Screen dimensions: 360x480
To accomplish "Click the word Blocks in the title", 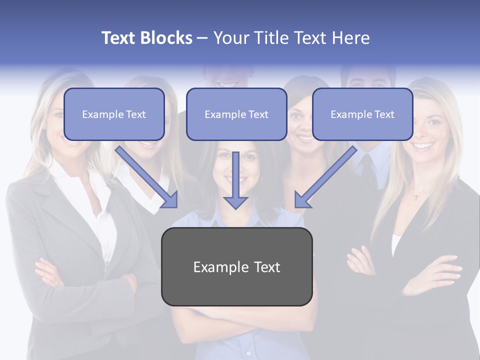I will (x=166, y=38).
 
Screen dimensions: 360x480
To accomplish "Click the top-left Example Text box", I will (x=114, y=114).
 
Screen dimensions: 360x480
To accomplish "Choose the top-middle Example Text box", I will (x=236, y=114).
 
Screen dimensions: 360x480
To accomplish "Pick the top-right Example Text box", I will (x=362, y=114).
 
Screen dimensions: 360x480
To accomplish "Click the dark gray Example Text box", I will (x=236, y=266).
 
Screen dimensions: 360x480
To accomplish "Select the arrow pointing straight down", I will (x=235, y=182).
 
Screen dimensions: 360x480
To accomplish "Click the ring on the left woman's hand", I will (x=56, y=283).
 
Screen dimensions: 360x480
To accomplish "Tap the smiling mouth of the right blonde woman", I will (x=423, y=145).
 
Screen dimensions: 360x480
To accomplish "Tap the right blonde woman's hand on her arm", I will (x=440, y=272).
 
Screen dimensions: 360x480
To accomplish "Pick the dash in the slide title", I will (x=202, y=38).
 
